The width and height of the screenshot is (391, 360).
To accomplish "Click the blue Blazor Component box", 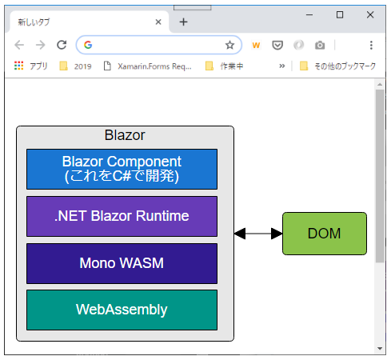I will [x=122, y=169].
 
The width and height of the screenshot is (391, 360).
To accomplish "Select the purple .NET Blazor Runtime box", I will [x=122, y=216].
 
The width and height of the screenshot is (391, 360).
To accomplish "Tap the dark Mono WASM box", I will [x=122, y=262].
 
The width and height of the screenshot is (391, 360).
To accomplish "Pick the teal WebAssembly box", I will [x=122, y=310].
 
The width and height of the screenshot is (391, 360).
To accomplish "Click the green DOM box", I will [x=324, y=234].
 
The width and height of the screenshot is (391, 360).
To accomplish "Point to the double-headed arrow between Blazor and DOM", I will [x=258, y=234].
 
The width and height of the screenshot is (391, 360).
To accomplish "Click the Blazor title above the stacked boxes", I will [x=125, y=135].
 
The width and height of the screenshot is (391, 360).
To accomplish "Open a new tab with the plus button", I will [x=183, y=22].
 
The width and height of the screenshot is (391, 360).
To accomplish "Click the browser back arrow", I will [x=19, y=45].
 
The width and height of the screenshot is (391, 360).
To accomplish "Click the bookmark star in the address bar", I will [x=229, y=45].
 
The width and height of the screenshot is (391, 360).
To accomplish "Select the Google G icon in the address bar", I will [x=88, y=45].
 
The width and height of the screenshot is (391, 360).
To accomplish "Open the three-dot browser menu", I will [x=371, y=45].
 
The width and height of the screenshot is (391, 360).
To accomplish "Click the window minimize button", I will [x=310, y=14].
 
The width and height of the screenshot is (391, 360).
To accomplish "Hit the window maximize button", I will [x=340, y=14].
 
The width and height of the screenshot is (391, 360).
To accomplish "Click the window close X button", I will [x=370, y=14].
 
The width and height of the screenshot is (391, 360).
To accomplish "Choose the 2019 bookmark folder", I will [x=75, y=66].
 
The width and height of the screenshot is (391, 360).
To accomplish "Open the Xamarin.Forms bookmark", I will [x=147, y=66].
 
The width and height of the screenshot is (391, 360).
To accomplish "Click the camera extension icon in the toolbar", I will [x=320, y=45].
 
